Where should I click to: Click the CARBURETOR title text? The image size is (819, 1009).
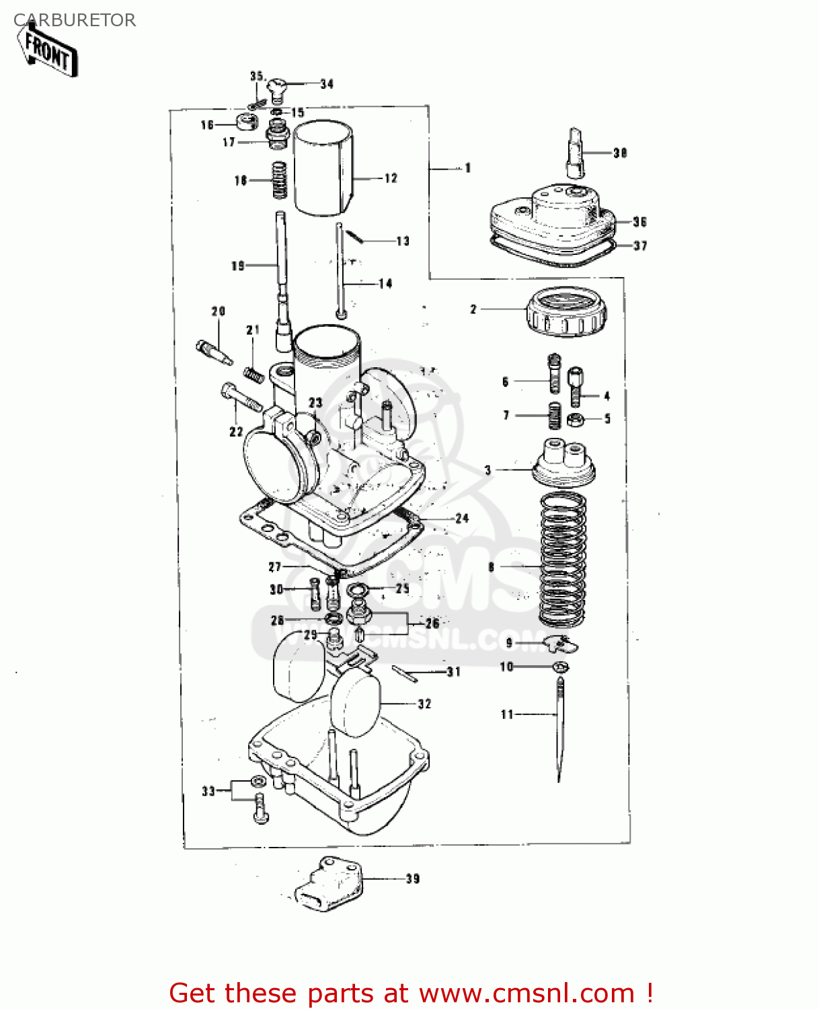(x=75, y=20)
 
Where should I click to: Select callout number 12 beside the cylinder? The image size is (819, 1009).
(x=391, y=178)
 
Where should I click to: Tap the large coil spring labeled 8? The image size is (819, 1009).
(x=563, y=558)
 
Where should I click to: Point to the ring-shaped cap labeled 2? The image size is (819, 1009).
(x=566, y=311)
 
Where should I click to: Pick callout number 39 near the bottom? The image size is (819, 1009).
(x=412, y=879)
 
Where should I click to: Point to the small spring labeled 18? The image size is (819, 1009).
(x=279, y=180)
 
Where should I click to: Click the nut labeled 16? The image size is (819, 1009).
(x=247, y=122)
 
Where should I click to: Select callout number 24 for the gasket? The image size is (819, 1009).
(x=461, y=519)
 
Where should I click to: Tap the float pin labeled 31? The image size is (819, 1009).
(x=405, y=673)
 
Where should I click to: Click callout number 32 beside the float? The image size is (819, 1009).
(x=424, y=704)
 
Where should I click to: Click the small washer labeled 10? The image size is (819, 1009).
(x=560, y=667)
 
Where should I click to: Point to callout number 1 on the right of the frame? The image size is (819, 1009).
(x=467, y=168)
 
